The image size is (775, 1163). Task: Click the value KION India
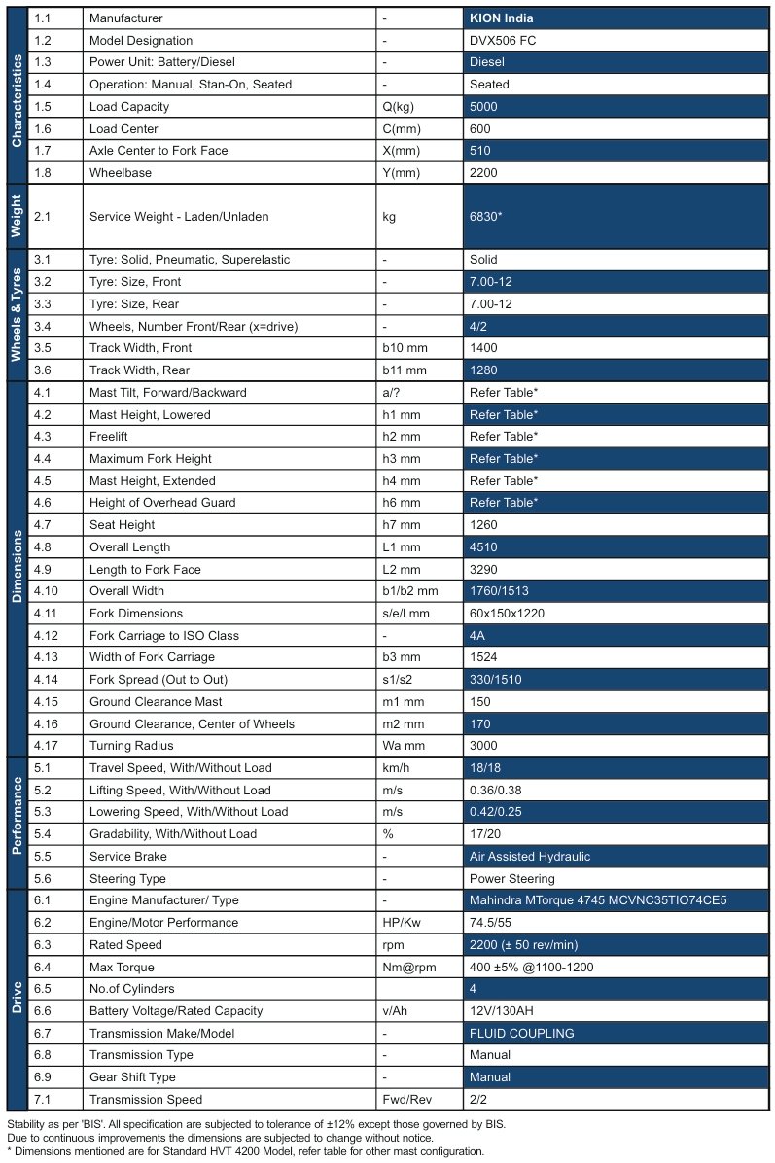pos(502,18)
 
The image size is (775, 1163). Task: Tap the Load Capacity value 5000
pos(483,107)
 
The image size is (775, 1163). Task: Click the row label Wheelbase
pos(120,173)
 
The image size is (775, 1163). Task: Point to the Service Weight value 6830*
pos(486,217)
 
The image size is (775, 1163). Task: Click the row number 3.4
pos(45,326)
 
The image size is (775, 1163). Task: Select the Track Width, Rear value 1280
pos(483,370)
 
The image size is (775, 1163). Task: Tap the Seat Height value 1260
pos(483,525)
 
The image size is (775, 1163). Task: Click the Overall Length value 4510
pos(483,547)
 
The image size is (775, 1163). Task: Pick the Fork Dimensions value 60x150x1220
pos(511,614)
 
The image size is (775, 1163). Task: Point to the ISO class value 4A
pos(477,636)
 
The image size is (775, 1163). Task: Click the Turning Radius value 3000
pos(483,746)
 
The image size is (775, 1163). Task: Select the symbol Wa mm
pos(402,746)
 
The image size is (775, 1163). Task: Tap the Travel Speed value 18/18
pos(485,768)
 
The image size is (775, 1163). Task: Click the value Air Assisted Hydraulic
pos(530,857)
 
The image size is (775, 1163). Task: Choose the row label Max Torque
pos(122,968)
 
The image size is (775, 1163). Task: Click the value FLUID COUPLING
pos(522,1034)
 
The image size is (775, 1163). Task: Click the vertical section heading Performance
pos(17,813)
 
